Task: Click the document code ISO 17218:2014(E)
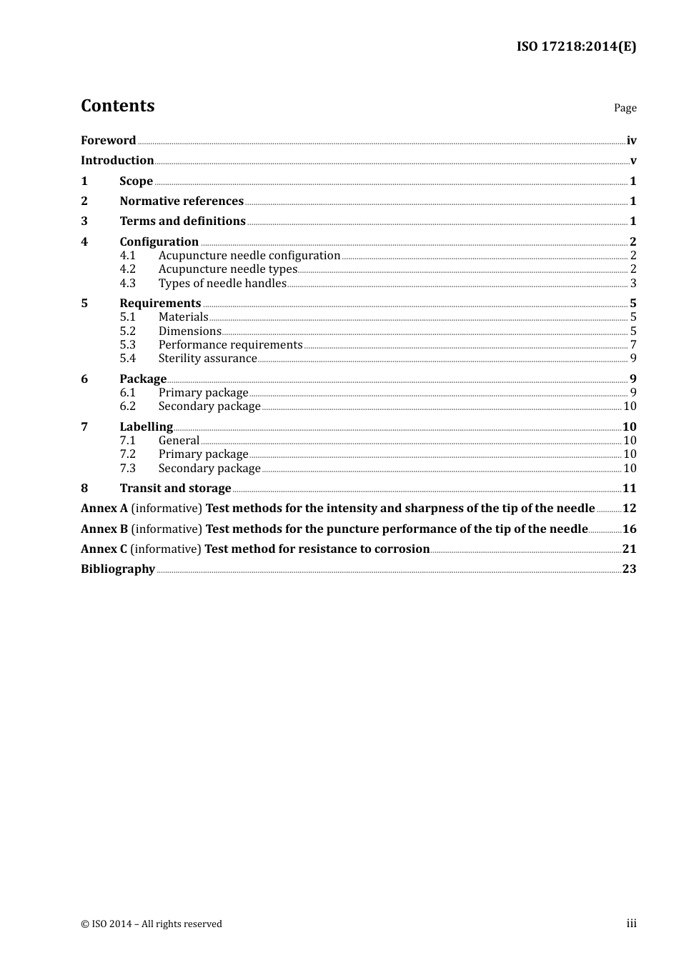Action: pos(576,46)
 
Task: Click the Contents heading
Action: pos(117,106)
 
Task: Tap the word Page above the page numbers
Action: pos(625,108)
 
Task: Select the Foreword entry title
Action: pos(108,141)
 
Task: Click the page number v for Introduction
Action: pos(633,161)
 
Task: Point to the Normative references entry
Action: pos(182,201)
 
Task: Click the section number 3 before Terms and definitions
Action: pos(84,221)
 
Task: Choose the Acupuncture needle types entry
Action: pos(227,269)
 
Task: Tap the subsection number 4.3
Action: pos(127,284)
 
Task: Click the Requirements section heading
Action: pos(160,304)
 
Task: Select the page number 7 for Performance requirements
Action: pos(633,345)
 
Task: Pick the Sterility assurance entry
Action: pos(207,359)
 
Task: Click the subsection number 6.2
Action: pos(127,406)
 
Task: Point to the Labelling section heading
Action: pos(146,427)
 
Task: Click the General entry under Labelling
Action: pos(179,441)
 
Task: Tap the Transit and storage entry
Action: pos(175,489)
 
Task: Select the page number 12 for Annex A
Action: pos(629,509)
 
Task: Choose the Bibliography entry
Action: pos(118,569)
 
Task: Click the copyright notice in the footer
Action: pos(152,924)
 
